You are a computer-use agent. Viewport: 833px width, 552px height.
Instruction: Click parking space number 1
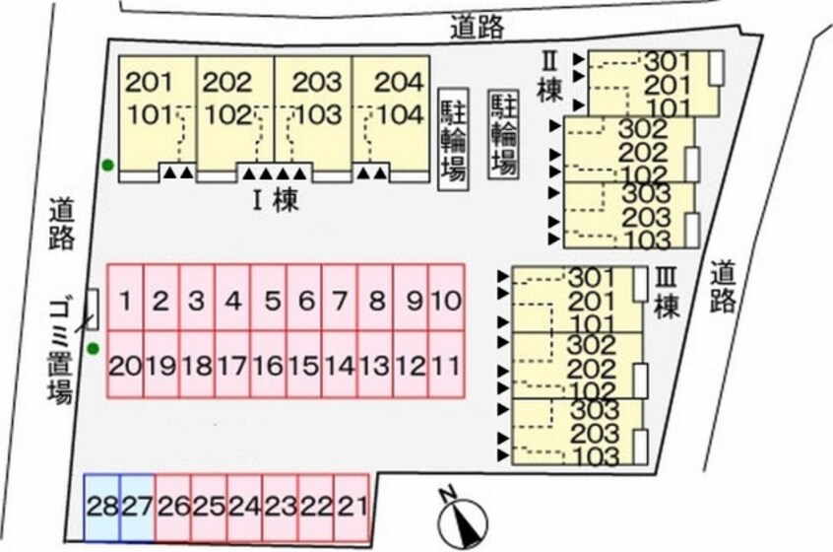[126, 299]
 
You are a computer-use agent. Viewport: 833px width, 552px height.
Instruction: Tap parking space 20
[126, 366]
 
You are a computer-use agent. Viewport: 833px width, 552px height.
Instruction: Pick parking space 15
[303, 366]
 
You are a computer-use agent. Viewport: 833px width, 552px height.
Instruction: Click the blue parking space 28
[101, 508]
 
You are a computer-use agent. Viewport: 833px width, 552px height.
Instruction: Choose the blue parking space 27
[137, 508]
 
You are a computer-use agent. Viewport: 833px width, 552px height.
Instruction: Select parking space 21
[352, 508]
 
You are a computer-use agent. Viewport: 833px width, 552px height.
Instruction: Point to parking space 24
[244, 508]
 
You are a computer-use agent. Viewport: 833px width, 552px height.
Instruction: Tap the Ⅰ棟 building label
[273, 202]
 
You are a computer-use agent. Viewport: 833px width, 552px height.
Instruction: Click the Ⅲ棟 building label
[668, 293]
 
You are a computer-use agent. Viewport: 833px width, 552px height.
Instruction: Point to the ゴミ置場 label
[61, 350]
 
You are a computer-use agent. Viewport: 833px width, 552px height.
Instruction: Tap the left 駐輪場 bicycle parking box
[453, 138]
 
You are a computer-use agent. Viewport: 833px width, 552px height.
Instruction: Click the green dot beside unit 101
[106, 165]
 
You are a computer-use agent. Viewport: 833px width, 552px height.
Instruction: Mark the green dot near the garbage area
[93, 347]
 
